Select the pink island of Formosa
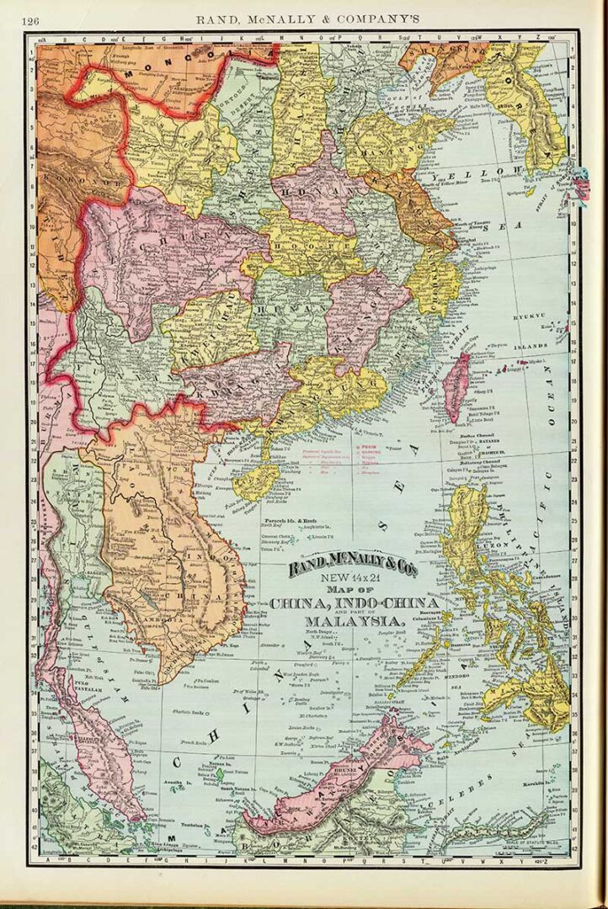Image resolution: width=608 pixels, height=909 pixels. [455, 385]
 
